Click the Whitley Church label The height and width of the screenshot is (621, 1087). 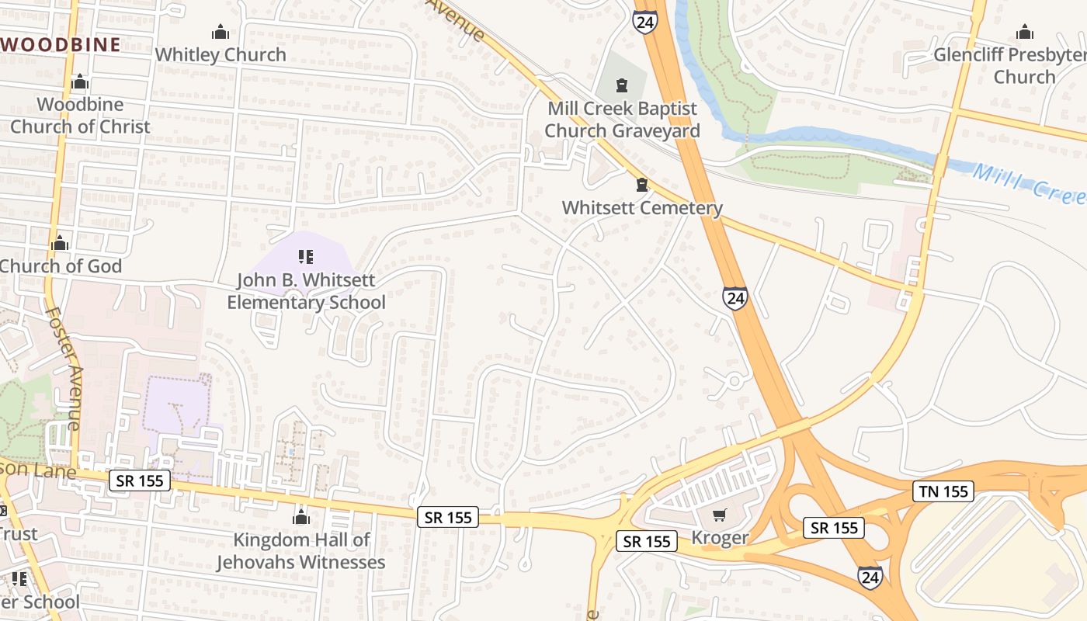pyautogui.click(x=221, y=54)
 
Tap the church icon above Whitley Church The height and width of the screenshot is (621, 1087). pyautogui.click(x=221, y=33)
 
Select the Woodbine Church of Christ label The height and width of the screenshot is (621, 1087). pyautogui.click(x=80, y=115)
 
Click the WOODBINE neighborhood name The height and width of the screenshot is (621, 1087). pyautogui.click(x=61, y=44)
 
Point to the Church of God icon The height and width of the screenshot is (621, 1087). pyautogui.click(x=60, y=244)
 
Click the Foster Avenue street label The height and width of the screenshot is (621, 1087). pyautogui.click(x=64, y=368)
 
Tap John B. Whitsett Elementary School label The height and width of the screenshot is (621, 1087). pyautogui.click(x=306, y=291)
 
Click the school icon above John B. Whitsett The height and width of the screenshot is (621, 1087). pyautogui.click(x=305, y=256)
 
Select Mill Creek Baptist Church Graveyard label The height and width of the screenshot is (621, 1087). pyautogui.click(x=622, y=120)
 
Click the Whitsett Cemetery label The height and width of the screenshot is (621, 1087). pyautogui.click(x=642, y=208)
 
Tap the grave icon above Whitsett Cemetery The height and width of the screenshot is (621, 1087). pyautogui.click(x=642, y=185)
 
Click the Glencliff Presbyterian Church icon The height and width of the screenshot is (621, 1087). pyautogui.click(x=1025, y=33)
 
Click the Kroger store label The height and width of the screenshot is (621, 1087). pyautogui.click(x=720, y=537)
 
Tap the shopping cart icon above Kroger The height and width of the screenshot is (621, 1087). pyautogui.click(x=720, y=515)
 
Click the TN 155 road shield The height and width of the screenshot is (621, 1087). pyautogui.click(x=943, y=491)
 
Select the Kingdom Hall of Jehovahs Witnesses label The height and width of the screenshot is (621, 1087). pyautogui.click(x=301, y=550)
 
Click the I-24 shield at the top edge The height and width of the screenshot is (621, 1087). pyautogui.click(x=644, y=21)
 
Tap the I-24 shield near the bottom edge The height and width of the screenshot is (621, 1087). pyautogui.click(x=870, y=577)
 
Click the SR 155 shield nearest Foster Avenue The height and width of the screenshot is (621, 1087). pyautogui.click(x=140, y=480)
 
